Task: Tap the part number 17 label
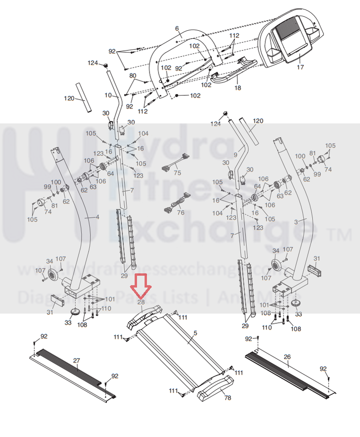[x=300, y=67]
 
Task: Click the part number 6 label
[x=177, y=29]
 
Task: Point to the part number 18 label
[x=237, y=88]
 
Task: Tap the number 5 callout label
[x=194, y=340]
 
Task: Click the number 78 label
[x=228, y=398]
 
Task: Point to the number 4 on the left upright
[x=97, y=217]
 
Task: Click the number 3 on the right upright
[x=297, y=221]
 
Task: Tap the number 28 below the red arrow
[x=140, y=302]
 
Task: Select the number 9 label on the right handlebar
[x=236, y=155]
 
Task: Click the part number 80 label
[x=132, y=76]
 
